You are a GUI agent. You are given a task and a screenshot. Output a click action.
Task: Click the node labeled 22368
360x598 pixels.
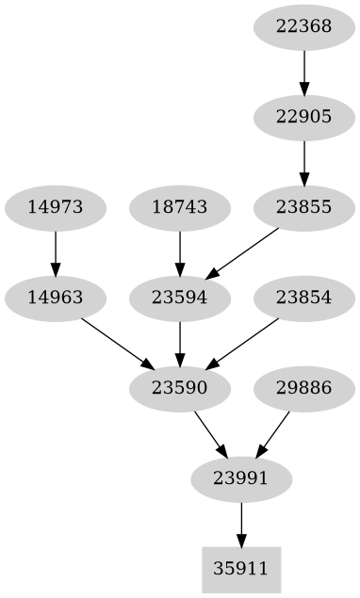(x=303, y=26)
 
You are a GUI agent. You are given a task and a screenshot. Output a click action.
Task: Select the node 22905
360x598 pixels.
(x=303, y=117)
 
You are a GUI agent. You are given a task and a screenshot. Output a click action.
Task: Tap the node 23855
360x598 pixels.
(x=303, y=207)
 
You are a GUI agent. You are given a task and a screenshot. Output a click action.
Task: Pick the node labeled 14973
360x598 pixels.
(x=55, y=207)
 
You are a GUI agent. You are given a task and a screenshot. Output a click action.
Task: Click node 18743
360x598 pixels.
(x=179, y=207)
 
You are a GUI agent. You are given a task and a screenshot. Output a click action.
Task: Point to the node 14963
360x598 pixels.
(x=55, y=298)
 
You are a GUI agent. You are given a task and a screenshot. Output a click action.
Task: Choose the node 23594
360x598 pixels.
(x=179, y=298)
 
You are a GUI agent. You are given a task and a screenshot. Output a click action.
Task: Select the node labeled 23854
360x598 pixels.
(x=303, y=298)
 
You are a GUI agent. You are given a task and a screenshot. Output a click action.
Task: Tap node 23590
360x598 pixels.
(x=179, y=388)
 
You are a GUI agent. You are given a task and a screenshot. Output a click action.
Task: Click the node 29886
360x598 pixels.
(x=303, y=388)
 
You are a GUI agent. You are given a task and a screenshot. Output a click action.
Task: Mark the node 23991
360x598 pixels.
(x=241, y=478)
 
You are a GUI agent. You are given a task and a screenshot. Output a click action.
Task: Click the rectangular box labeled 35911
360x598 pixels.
(x=241, y=569)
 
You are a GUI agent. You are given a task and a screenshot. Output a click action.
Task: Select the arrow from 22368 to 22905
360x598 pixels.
(x=303, y=72)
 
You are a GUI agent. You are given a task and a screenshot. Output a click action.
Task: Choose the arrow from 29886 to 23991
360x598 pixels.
(x=272, y=433)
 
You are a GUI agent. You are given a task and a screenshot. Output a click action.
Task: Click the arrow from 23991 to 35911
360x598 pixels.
(x=241, y=524)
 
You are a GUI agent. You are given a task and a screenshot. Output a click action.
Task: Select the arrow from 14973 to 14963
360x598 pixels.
(x=55, y=252)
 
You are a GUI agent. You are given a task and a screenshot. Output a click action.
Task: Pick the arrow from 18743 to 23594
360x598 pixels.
(x=179, y=252)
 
